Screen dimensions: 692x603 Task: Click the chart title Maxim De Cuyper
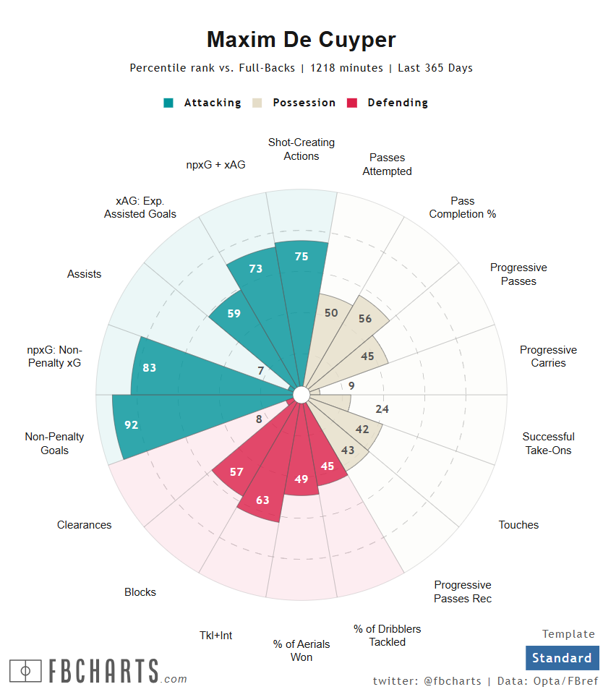pos(301,39)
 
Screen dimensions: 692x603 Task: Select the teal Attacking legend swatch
pos(168,103)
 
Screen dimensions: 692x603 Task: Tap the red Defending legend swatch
pos(353,103)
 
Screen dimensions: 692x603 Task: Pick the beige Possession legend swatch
pos(257,103)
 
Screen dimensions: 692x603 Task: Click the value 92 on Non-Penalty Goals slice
pos(131,425)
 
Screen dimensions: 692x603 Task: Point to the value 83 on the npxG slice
pos(149,367)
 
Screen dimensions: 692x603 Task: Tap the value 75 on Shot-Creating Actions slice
pos(301,256)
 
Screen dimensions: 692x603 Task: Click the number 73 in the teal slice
pos(255,268)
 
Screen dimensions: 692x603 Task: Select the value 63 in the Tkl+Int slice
pos(262,500)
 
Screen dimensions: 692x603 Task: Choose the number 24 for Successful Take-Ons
pos(382,409)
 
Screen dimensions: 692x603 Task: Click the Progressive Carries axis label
pos(548,356)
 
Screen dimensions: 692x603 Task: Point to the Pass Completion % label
pos(463,208)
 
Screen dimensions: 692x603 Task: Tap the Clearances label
pos(85,525)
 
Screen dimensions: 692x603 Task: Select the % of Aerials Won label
pos(301,650)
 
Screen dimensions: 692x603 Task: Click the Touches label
pos(518,525)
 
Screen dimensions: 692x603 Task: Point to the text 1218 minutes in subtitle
pos(346,68)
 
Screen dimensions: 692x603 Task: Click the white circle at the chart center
pos(301,394)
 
